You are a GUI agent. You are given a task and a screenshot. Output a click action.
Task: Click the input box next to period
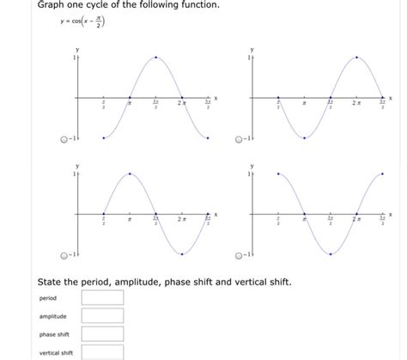tap(102, 298)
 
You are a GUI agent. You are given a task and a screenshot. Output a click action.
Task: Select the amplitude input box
tap(102, 316)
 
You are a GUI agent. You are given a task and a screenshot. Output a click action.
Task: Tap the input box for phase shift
tap(102, 334)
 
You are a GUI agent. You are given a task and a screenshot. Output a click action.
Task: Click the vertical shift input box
tap(102, 351)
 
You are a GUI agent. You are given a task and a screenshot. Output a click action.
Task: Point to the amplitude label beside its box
tap(52, 316)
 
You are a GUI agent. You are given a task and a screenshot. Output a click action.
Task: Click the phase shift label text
tap(53, 334)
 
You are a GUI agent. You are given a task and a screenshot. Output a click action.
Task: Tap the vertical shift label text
tap(56, 352)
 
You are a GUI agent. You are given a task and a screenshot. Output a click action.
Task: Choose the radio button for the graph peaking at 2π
tap(240, 140)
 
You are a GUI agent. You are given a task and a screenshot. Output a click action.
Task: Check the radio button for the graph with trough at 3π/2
tap(240, 255)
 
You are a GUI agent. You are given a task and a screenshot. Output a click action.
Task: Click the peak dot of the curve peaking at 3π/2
tap(155, 58)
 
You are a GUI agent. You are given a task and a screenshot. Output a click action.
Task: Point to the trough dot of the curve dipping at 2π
tap(181, 253)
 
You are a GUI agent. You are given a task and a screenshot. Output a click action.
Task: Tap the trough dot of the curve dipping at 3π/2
tap(330, 253)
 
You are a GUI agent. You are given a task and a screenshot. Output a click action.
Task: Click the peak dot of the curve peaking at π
tap(129, 174)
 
